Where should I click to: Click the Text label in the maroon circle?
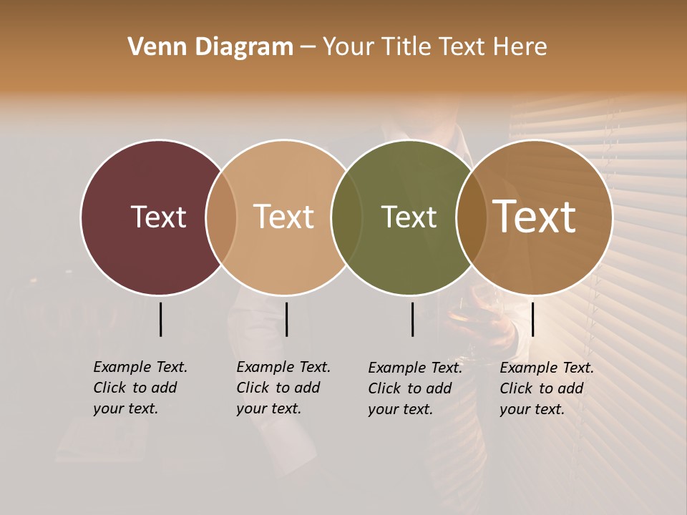click(x=158, y=217)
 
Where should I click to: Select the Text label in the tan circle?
click(x=283, y=217)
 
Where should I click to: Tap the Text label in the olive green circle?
click(x=409, y=217)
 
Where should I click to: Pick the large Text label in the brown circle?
click(x=535, y=217)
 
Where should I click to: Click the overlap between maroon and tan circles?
click(x=221, y=217)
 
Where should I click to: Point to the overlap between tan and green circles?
click(x=346, y=217)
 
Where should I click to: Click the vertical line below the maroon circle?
click(x=161, y=319)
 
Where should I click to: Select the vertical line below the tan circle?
click(x=286, y=319)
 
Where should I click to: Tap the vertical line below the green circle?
click(x=413, y=319)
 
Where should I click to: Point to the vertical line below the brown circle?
click(x=533, y=319)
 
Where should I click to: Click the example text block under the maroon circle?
click(x=140, y=388)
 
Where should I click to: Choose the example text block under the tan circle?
click(x=283, y=388)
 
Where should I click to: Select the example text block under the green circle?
click(x=414, y=388)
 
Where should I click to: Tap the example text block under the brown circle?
click(x=546, y=388)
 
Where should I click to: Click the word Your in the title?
click(x=349, y=47)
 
